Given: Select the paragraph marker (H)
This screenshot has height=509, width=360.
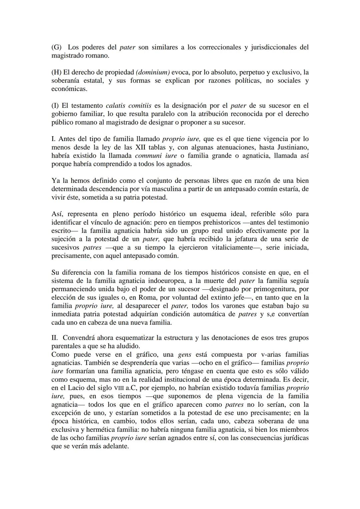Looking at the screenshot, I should [57, 72].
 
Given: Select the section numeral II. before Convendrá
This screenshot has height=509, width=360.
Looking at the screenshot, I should [55, 338].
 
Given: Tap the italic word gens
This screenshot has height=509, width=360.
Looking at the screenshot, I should [185, 354].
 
